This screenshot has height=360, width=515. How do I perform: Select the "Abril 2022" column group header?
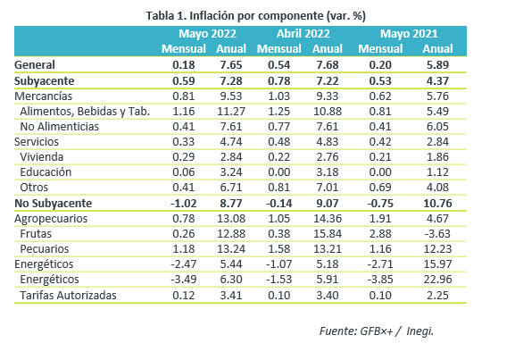[x=303, y=34]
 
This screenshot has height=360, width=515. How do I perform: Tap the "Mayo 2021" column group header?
[x=409, y=34]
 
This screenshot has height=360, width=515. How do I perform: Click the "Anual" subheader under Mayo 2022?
[x=231, y=48]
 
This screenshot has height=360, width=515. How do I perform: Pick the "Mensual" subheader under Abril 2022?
[x=279, y=48]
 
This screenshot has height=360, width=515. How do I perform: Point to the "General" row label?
[x=35, y=65]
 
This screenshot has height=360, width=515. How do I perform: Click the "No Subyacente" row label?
[x=54, y=203]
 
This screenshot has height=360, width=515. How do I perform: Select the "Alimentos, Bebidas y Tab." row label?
[x=85, y=112]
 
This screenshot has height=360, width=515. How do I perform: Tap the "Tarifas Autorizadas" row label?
[x=69, y=295]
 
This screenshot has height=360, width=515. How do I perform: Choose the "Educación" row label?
[x=46, y=172]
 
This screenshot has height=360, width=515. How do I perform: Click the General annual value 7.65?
[x=231, y=65]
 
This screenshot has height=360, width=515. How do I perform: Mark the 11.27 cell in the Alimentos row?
[x=231, y=112]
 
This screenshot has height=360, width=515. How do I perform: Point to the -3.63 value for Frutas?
[x=438, y=234]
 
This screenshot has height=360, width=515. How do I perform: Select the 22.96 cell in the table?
[x=438, y=280]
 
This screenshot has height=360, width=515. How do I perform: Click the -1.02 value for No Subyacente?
[x=184, y=203]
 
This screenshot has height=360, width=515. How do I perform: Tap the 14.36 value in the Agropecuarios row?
[x=328, y=219]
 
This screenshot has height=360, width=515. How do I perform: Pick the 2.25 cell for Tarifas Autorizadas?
[x=438, y=295]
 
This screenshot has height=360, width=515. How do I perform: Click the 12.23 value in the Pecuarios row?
[x=438, y=249]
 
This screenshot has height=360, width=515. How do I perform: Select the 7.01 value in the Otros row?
[x=328, y=188]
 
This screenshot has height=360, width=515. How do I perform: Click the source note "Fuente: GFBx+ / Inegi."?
[x=377, y=331]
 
